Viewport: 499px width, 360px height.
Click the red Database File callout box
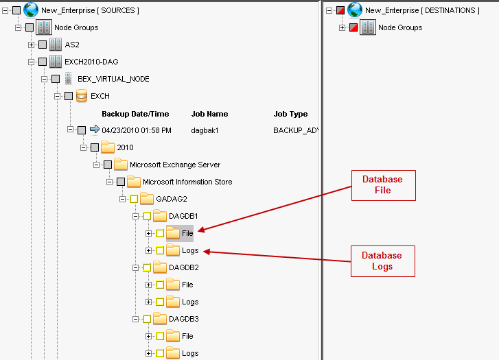[383, 185]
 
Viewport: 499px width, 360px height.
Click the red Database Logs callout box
[383, 261]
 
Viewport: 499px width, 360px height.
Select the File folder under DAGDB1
[187, 233]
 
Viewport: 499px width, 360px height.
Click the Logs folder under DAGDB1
[190, 250]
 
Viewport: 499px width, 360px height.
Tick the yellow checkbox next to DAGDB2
[147, 267]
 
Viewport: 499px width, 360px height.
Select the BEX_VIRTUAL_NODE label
[113, 79]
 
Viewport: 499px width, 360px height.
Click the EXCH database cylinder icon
[82, 96]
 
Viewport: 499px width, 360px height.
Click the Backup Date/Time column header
[135, 114]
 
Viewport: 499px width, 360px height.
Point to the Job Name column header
[209, 114]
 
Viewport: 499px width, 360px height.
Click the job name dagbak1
[205, 130]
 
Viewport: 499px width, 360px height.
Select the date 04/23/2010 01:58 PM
[137, 130]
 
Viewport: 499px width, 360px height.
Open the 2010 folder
[125, 147]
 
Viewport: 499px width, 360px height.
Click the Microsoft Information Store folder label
[187, 182]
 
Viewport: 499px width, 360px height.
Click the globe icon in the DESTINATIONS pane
[354, 10]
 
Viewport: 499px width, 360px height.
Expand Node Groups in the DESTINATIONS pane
[342, 27]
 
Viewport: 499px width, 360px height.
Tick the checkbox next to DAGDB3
[147, 319]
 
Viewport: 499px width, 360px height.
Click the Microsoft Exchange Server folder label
[175, 165]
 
